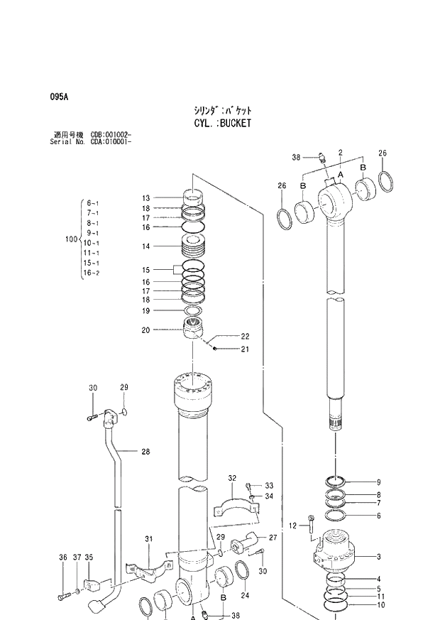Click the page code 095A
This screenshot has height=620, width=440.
[x=58, y=97]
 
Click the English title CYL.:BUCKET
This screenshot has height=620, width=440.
[x=222, y=123]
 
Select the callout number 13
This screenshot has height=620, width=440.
[x=145, y=198]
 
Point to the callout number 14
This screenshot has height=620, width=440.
[x=145, y=246]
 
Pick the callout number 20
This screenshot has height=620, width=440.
[x=145, y=330]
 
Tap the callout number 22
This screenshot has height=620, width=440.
[x=245, y=336]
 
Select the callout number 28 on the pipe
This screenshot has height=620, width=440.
[x=145, y=451]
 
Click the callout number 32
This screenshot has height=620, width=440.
[x=231, y=478]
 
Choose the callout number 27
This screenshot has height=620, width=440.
[x=273, y=538]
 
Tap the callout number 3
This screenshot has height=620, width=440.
[x=379, y=557]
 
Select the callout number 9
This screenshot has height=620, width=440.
[x=379, y=482]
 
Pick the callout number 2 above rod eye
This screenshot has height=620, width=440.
[x=341, y=153]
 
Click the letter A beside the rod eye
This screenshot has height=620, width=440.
[x=341, y=174]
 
